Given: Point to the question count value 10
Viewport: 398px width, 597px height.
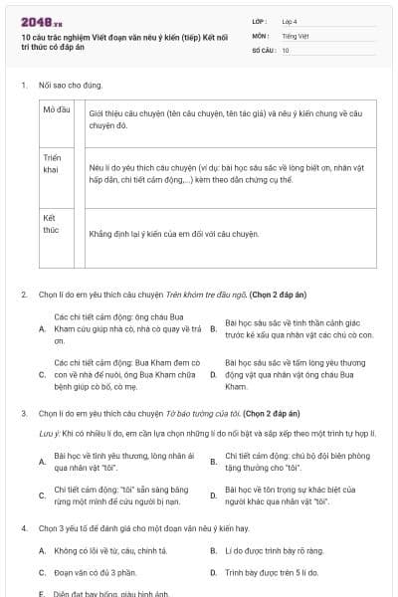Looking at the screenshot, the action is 286,49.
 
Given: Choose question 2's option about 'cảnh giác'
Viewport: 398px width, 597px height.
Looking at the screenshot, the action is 297,329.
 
